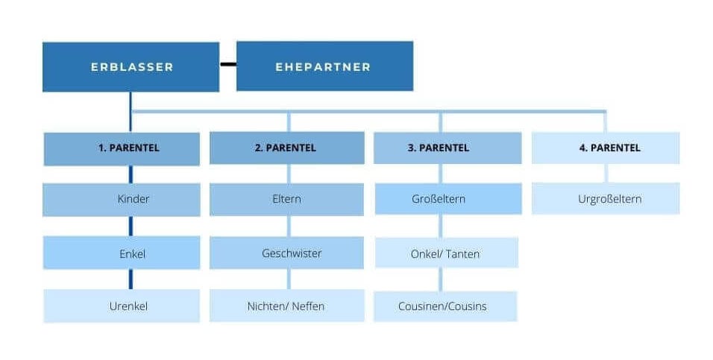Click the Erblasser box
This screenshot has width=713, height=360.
pos(131,67)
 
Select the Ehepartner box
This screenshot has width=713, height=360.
pos(324,67)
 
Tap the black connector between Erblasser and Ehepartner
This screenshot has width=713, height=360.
pos(227,64)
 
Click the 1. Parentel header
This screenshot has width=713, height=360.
pos(122,148)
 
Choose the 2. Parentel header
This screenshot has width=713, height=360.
pos(286,148)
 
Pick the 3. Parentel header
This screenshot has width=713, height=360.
pos(447,148)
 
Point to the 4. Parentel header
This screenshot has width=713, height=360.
pos(605,148)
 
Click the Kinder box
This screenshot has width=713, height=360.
pos(122,199)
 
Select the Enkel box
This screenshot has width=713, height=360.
pos(122,253)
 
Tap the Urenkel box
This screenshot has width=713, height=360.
pos(122,306)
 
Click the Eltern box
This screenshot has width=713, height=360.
pos(286,199)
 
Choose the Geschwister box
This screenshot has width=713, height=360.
pos(286,253)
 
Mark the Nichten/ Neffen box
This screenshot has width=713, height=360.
pos(286,306)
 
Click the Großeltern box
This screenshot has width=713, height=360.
pos(447,199)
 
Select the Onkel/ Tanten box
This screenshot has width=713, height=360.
pos(445,253)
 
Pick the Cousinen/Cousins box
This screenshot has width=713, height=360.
pos(445,306)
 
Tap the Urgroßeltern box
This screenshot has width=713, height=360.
pos(605,199)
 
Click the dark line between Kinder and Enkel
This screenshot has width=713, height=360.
pos(131,226)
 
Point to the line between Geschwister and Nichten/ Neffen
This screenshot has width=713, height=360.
pos(288,279)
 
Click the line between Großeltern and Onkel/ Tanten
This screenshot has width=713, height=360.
pos(441,226)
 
